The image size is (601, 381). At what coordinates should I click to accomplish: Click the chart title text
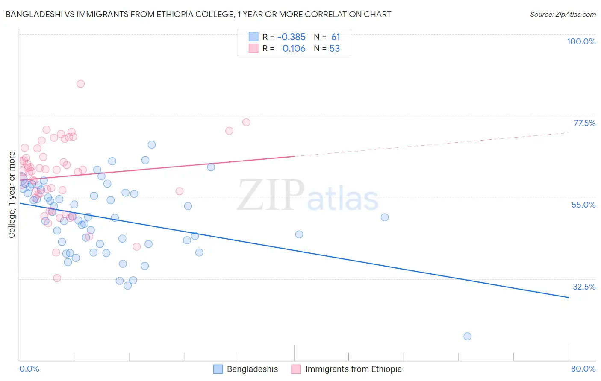point(198,14)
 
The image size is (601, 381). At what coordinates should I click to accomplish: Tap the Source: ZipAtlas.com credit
point(563,14)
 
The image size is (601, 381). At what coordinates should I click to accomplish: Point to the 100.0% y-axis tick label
point(581,41)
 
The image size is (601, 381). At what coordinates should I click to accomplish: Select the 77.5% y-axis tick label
point(584,123)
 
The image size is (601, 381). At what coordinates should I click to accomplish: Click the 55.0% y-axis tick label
point(583,205)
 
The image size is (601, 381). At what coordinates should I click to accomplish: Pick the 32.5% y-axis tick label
point(584,287)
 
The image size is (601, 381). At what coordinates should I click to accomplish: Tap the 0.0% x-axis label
point(29,369)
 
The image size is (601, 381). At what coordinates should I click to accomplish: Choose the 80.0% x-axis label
point(583,369)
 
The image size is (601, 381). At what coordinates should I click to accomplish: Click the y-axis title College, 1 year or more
point(12,195)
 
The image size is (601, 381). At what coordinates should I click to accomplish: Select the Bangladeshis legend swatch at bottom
point(218,369)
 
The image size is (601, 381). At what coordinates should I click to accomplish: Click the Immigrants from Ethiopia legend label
point(353,369)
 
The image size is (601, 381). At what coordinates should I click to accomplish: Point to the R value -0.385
point(291,37)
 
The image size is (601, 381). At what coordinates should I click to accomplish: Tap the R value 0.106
point(294,49)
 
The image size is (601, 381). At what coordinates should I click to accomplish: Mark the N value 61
point(336,37)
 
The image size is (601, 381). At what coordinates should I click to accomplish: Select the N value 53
point(335,49)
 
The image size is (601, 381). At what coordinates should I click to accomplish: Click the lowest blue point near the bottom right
point(467,336)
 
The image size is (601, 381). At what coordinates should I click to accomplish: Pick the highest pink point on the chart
point(80,84)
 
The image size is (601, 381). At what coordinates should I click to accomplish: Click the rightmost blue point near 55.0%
point(384,217)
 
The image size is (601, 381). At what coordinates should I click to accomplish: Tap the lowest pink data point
point(57,278)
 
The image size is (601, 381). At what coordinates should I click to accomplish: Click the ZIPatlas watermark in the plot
point(308,196)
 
